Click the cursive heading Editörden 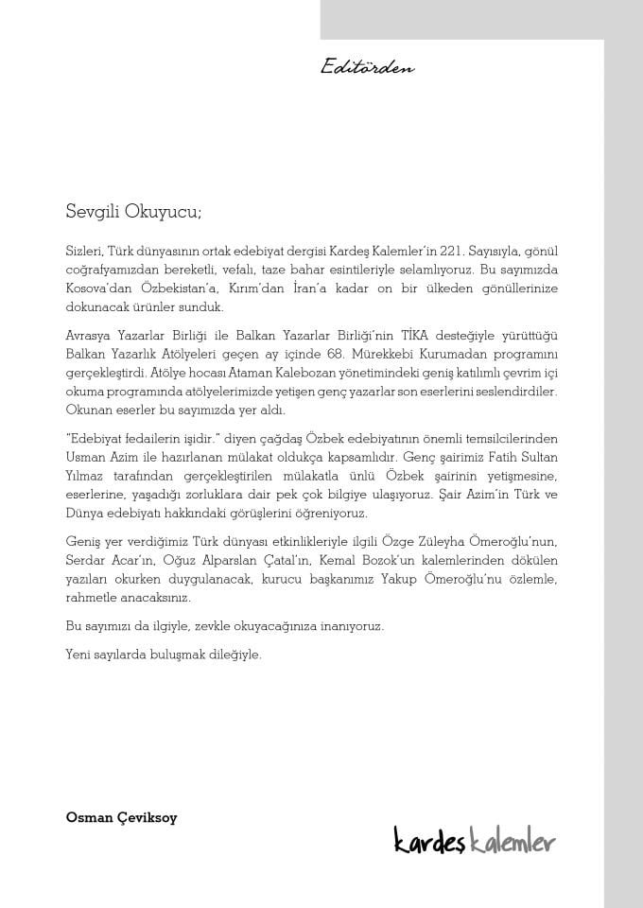368,67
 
